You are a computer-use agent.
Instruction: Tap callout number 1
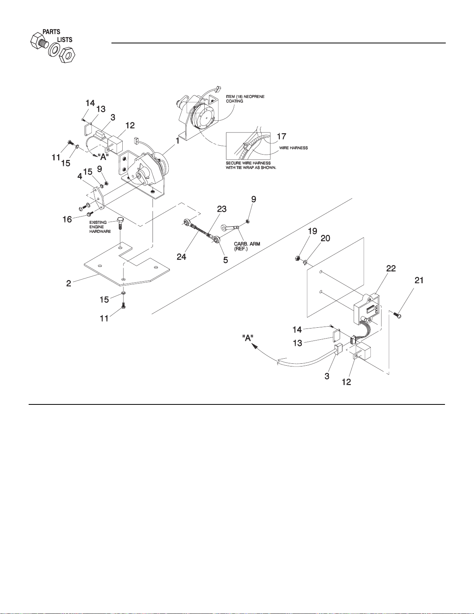pos(178,141)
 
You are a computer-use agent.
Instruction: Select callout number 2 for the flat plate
pos(69,284)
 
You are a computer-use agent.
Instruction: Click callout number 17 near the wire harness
pos(281,136)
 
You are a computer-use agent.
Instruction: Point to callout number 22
pos(391,268)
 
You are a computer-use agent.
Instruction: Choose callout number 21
pos(419,280)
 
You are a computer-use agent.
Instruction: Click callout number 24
pos(181,257)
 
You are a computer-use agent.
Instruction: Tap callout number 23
pos(222,209)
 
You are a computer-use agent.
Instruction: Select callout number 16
pos(67,219)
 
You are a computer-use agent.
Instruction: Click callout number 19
pos(312,231)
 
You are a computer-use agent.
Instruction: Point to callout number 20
pos(325,238)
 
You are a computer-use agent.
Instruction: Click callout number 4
pos(80,176)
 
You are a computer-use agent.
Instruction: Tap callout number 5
pos(226,260)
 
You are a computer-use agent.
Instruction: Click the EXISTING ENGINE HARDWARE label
pos(100,227)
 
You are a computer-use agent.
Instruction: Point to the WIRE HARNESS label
pos(293,148)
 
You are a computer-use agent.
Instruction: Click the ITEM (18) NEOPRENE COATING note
pos(245,99)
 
